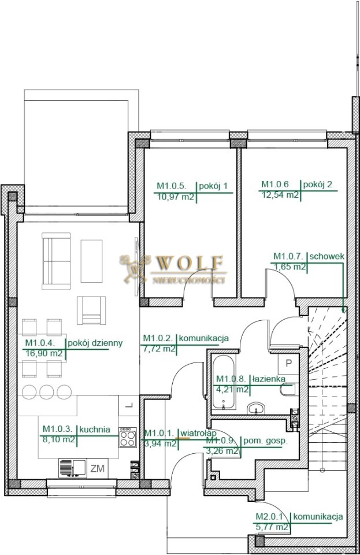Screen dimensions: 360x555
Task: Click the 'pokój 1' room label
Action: (213, 186)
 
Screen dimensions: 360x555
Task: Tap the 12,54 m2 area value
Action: (280, 195)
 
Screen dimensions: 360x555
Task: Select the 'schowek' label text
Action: (326, 257)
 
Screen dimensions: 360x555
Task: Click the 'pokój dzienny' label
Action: (95, 343)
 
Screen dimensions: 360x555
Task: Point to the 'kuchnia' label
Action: (94, 430)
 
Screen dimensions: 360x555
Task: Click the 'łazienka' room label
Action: (269, 379)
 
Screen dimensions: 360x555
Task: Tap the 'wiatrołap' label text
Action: (198, 433)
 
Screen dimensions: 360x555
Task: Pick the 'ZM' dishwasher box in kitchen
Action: (97, 468)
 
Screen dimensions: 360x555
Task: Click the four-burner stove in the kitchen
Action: (128, 438)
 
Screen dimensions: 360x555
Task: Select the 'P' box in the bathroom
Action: (288, 364)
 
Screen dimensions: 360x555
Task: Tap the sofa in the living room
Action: (56, 261)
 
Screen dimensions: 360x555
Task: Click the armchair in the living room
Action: (92, 310)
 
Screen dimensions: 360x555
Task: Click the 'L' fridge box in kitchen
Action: (129, 405)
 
